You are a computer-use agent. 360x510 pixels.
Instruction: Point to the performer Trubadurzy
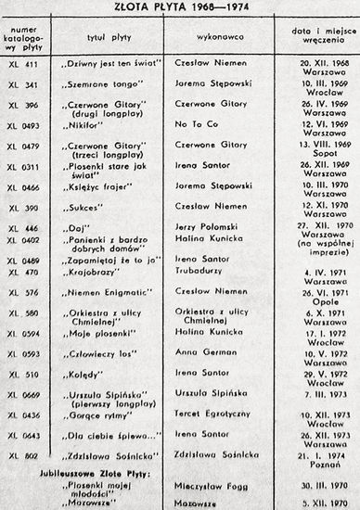199,272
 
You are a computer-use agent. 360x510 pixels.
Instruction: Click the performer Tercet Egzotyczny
209,412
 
